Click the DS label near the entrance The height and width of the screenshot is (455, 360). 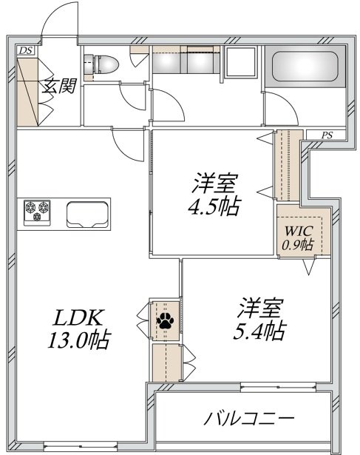click(26, 51)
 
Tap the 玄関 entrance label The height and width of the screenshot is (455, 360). click(59, 86)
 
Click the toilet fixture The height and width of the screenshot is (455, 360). click(101, 64)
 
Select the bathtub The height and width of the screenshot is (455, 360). click(305, 67)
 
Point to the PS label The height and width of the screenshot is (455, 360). click(327, 135)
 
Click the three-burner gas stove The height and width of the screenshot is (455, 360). click(37, 212)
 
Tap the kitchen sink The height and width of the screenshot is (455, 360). click(87, 215)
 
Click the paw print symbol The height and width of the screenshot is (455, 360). click(166, 320)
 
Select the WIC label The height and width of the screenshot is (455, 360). click(299, 232)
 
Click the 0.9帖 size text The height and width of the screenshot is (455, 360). click(298, 245)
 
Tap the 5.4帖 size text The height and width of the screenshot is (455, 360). click(259, 331)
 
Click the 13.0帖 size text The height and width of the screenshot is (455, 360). click(79, 340)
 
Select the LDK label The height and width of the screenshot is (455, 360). click(78, 317)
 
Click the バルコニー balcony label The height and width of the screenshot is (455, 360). click(249, 418)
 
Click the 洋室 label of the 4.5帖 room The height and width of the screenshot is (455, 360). click(214, 183)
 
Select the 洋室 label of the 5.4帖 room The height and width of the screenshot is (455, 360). click(259, 308)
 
